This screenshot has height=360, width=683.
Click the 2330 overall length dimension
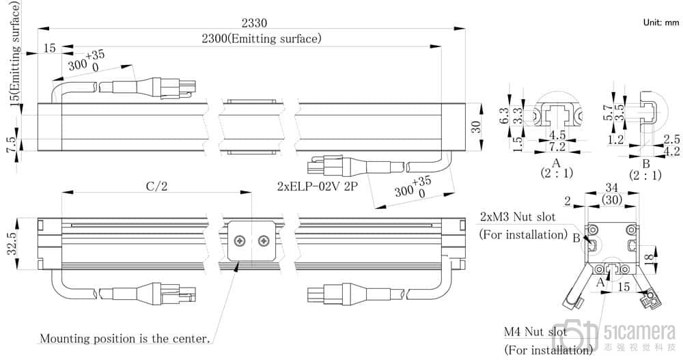[x=246, y=22]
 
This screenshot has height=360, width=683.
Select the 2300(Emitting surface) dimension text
[x=261, y=39]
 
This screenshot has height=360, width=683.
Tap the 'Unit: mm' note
[x=661, y=23]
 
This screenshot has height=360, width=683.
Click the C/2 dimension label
[x=156, y=186]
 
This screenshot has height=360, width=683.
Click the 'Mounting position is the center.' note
[x=125, y=338]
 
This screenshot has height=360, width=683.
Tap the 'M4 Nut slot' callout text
[x=535, y=332]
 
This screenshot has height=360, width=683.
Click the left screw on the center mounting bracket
[x=240, y=241]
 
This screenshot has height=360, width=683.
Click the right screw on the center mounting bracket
[x=264, y=241]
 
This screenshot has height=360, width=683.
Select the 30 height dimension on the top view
[x=476, y=126]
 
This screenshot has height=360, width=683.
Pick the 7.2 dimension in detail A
[x=557, y=147]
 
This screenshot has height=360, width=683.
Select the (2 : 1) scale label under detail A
[x=556, y=174]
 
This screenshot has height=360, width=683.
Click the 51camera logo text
[x=641, y=333]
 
